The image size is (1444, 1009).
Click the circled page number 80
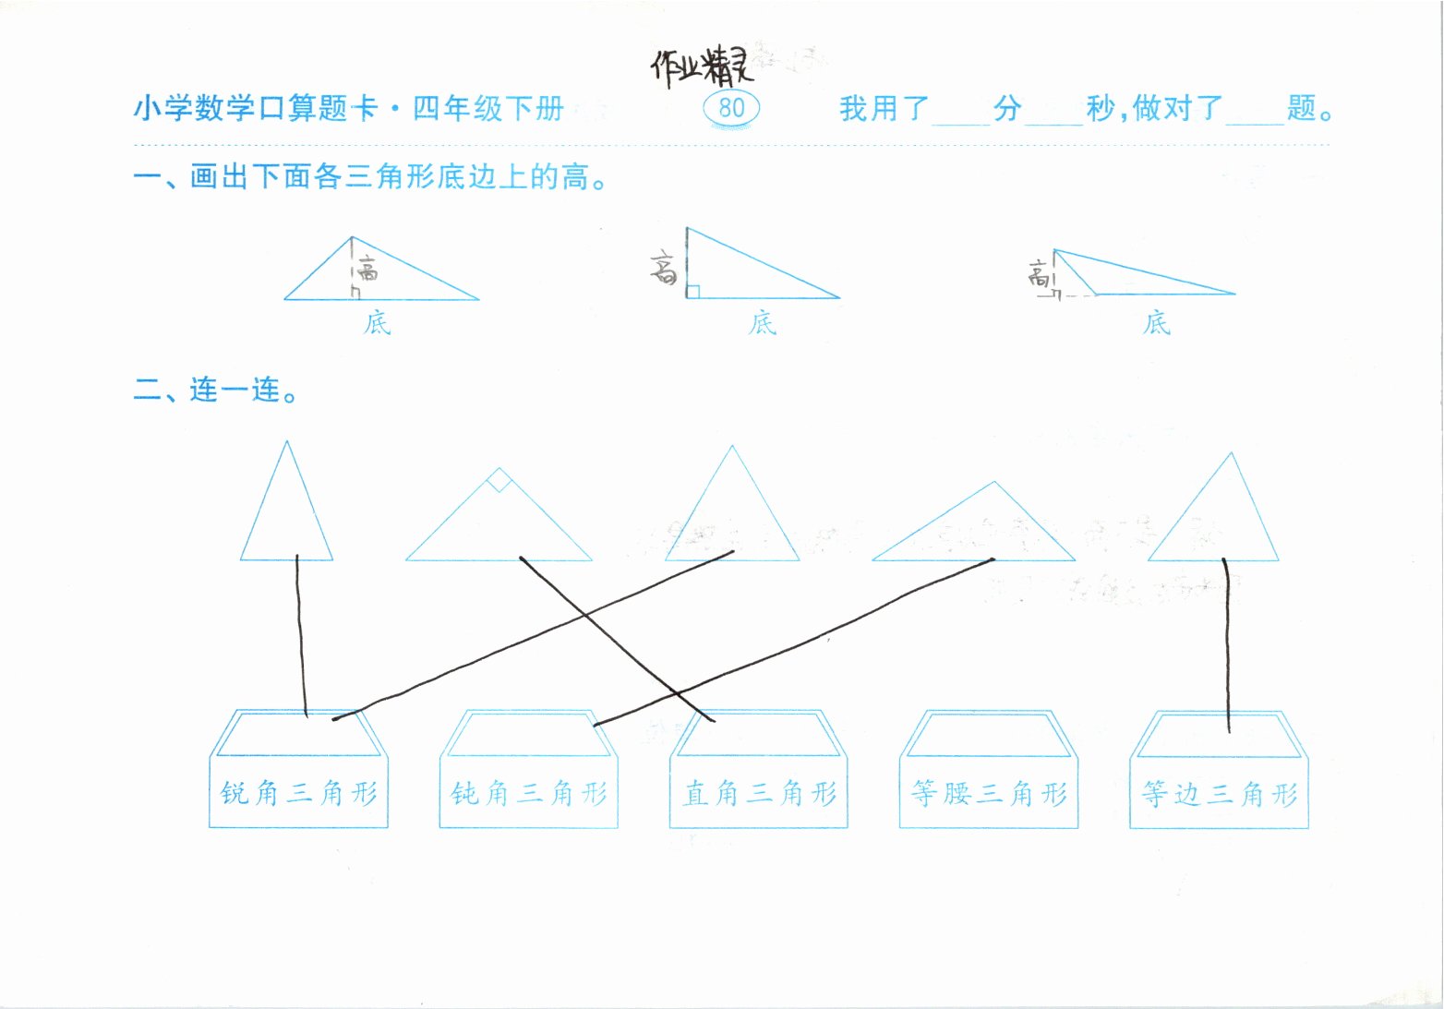(x=731, y=108)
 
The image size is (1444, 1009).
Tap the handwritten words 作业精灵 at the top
(x=702, y=66)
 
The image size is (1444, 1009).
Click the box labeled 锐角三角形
(x=299, y=793)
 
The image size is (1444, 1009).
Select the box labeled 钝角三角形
(x=529, y=793)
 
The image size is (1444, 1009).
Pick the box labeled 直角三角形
(x=759, y=793)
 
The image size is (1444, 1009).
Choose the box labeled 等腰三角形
(x=989, y=793)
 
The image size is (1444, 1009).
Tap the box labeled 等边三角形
(x=1220, y=793)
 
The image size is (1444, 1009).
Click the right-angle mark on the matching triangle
(x=499, y=480)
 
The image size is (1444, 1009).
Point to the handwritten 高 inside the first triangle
(x=368, y=270)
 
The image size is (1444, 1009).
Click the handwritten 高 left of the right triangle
(x=664, y=270)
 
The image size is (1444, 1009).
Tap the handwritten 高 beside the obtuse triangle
(x=1040, y=273)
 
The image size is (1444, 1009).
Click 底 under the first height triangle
(x=377, y=323)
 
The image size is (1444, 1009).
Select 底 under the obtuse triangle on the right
(x=1156, y=323)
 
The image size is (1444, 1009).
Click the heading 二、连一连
(x=216, y=390)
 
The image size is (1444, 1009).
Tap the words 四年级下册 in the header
(x=487, y=109)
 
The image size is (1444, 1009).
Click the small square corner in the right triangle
(x=693, y=292)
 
